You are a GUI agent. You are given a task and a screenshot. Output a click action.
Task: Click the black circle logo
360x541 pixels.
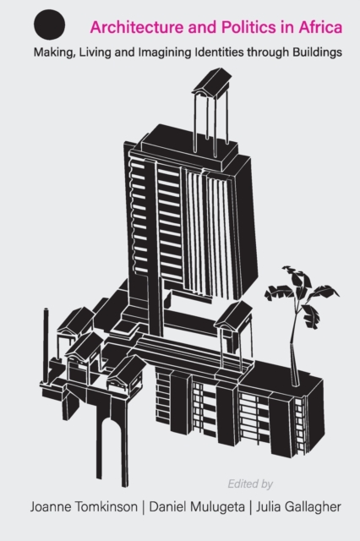click(x=49, y=24)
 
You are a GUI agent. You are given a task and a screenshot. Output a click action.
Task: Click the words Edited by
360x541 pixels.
click(x=250, y=484)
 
